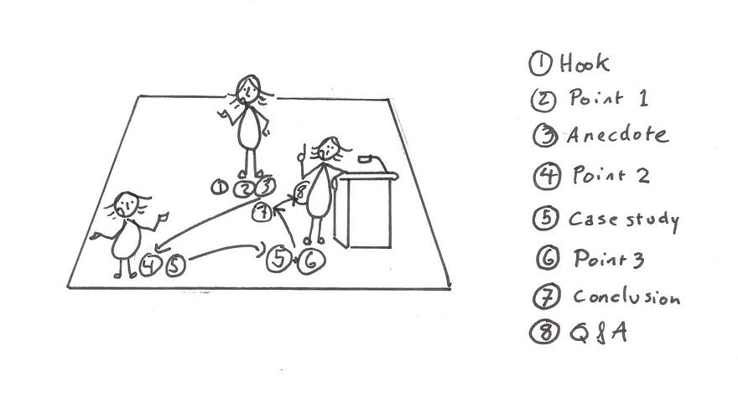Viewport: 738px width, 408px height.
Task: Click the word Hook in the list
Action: click(x=585, y=63)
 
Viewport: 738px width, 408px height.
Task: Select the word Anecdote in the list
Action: click(x=617, y=135)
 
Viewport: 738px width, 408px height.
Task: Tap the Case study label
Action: click(x=624, y=220)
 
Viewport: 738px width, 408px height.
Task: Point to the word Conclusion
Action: click(x=626, y=297)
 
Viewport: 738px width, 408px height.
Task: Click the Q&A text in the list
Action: click(x=598, y=333)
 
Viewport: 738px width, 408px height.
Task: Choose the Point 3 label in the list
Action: click(x=609, y=259)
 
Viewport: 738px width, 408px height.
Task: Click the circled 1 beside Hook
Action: click(x=540, y=64)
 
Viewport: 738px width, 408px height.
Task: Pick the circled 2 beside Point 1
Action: click(x=543, y=100)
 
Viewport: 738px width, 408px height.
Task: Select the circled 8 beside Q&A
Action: click(x=544, y=333)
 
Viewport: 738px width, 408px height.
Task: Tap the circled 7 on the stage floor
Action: click(x=262, y=212)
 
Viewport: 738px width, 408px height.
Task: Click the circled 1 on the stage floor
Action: click(x=220, y=188)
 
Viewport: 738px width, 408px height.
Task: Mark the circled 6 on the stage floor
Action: click(x=310, y=261)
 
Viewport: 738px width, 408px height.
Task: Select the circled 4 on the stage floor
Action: click(x=150, y=265)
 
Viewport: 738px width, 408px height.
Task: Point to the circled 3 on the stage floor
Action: click(x=266, y=187)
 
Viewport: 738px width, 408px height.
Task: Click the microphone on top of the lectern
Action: click(x=366, y=159)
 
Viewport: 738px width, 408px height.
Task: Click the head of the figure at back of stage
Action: click(x=247, y=89)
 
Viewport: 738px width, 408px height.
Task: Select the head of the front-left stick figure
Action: click(x=126, y=205)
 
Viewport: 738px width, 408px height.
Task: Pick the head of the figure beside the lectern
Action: click(x=328, y=148)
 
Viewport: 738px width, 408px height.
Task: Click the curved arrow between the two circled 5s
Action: click(x=226, y=248)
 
